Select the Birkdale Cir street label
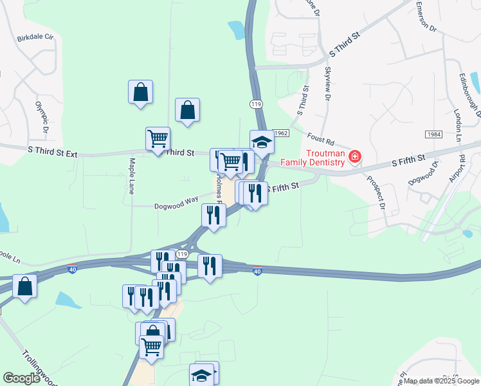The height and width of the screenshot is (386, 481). coord(35,37)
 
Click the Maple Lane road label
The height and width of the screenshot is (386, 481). coord(132,176)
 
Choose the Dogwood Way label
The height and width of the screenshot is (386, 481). coord(176,203)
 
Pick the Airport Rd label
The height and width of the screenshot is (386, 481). coord(458,169)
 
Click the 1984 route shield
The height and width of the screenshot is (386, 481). coord(432,134)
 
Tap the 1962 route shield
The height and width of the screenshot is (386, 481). coord(280,133)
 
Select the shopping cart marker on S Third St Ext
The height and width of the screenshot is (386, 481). coord(158,138)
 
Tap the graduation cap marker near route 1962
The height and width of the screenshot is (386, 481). coord(262,142)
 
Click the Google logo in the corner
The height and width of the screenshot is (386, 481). coord(21,378)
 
